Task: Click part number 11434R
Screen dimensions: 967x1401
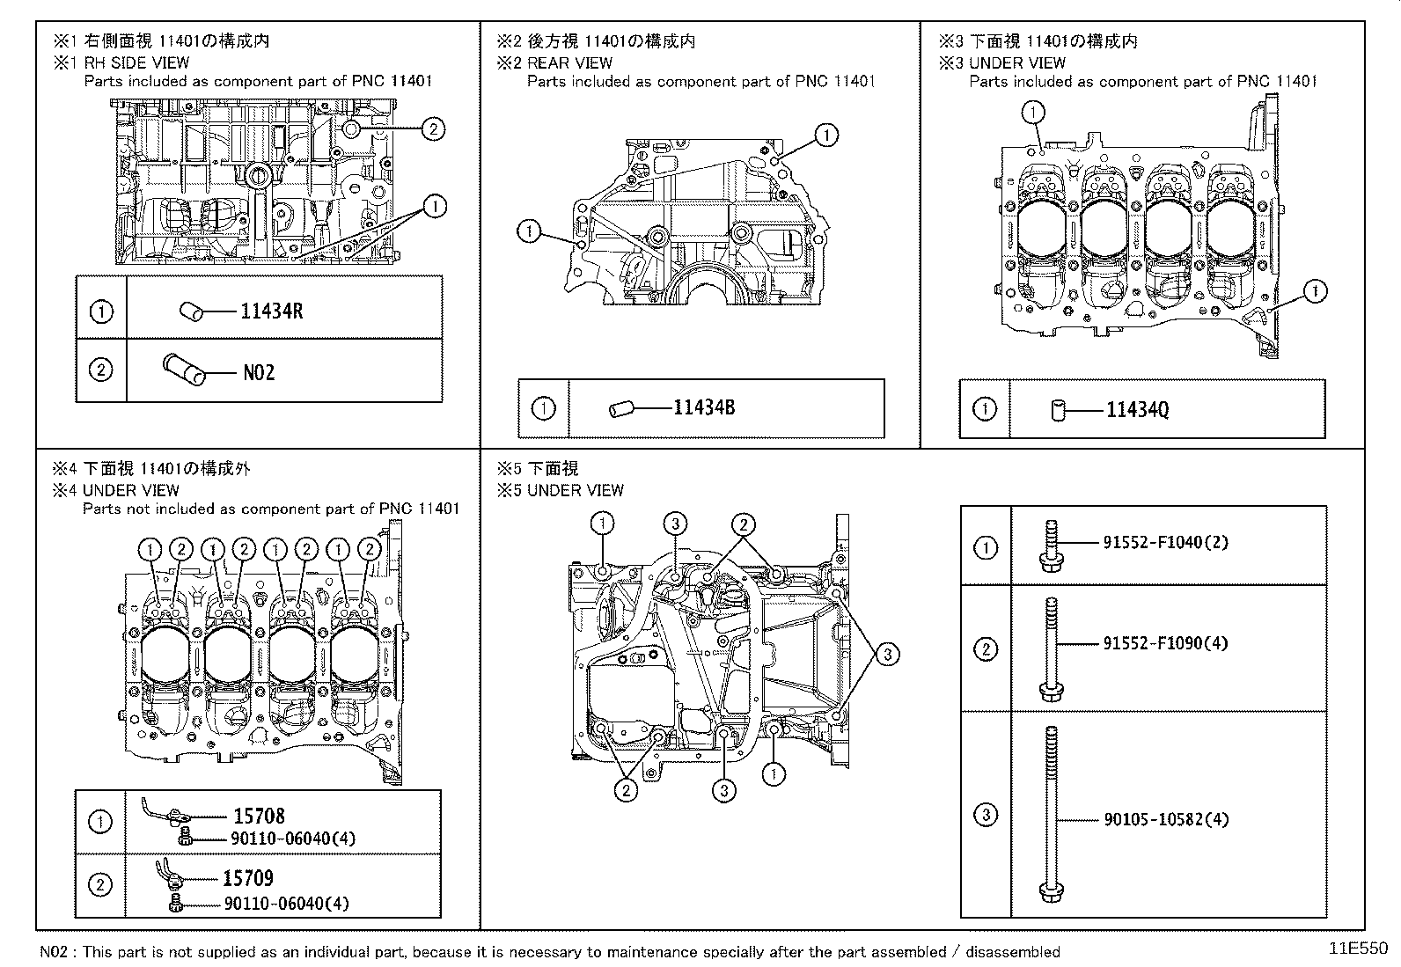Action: pos(271,311)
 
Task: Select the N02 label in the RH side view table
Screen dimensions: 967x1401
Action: pos(259,372)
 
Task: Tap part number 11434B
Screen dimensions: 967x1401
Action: pos(704,407)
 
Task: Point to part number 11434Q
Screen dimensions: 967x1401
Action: pos(1137,409)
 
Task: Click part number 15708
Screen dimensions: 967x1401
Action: pos(259,817)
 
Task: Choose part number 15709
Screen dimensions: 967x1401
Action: pos(247,878)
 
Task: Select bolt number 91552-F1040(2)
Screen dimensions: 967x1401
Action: pos(1165,542)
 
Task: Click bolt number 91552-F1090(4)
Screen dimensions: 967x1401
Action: pos(1165,643)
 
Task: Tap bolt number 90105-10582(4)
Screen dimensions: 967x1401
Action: pos(1166,819)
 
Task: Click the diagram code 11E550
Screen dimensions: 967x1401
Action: pos(1358,949)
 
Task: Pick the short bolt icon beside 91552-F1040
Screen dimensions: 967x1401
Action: pos(1051,546)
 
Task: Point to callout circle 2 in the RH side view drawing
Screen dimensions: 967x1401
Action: pos(432,129)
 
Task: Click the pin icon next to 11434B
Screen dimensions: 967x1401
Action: pos(620,408)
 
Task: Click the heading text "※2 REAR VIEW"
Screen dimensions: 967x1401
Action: pos(554,62)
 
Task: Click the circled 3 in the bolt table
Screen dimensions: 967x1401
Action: pos(986,815)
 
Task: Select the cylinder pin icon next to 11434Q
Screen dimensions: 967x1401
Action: pos(1058,410)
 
